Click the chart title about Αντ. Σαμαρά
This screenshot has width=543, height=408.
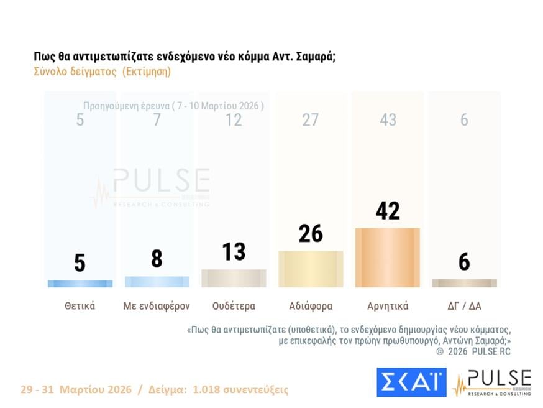coord(185,57)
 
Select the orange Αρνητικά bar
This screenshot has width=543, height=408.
coord(387,257)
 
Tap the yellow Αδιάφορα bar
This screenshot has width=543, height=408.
coord(311,269)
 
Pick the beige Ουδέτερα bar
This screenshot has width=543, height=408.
coord(234,278)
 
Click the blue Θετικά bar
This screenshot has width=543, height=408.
coord(80,284)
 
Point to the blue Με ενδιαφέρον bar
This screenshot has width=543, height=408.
coord(157,282)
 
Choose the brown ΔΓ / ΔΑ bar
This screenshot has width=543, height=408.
coord(464,283)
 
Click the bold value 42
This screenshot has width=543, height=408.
coord(388,210)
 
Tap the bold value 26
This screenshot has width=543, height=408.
coord(311,233)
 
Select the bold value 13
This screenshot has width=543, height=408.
coord(234,252)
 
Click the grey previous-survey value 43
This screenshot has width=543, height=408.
coord(388,120)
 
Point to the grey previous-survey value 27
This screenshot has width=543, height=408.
coord(311,120)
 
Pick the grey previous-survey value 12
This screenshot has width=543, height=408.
coord(234,120)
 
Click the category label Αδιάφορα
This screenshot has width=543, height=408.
coord(311,306)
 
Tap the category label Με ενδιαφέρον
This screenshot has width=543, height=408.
coord(157,306)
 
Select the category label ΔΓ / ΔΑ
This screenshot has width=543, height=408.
coord(464,306)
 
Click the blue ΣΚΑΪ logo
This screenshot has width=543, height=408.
coord(411,382)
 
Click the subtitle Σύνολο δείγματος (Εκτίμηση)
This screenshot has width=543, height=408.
coord(102,72)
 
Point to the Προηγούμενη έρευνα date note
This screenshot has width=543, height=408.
coord(173,106)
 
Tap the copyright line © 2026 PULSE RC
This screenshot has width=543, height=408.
coord(473,351)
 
